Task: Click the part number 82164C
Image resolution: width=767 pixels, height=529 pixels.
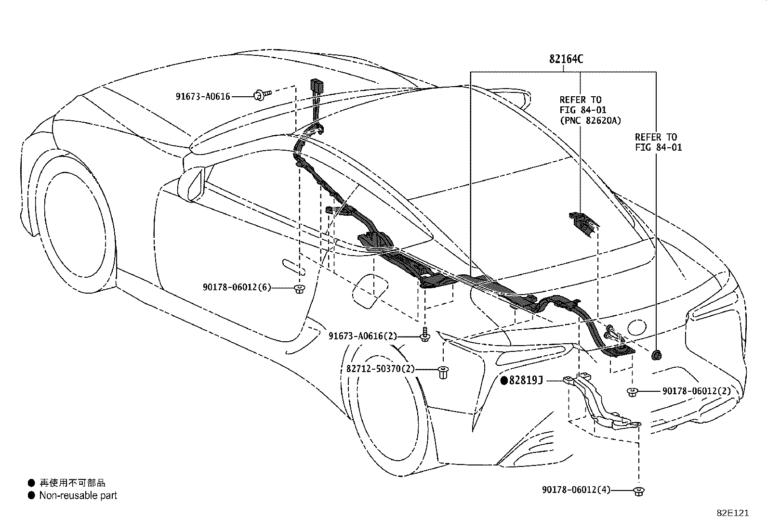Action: [x=566, y=59]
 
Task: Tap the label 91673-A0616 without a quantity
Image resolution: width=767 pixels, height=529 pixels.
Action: [x=202, y=97]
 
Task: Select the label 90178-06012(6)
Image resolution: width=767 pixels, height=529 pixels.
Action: [x=237, y=287]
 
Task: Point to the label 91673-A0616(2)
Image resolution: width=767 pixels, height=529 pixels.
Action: [x=363, y=336]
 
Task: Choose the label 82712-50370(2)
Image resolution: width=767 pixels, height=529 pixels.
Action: [x=380, y=369]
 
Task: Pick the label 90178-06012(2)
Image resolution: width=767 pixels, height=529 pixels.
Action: [x=696, y=391]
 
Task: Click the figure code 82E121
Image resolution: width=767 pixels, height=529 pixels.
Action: [x=732, y=513]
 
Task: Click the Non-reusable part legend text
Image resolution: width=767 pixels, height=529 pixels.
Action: [x=78, y=495]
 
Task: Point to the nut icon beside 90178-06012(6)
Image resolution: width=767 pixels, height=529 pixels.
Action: [x=299, y=289]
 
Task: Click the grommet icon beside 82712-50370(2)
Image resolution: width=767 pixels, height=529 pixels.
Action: [x=443, y=372]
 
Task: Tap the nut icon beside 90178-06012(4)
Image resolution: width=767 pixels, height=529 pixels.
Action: [x=639, y=491]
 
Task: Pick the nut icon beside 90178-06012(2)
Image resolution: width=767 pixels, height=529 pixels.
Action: [x=632, y=392]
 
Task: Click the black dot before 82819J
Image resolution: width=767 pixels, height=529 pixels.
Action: [x=504, y=381]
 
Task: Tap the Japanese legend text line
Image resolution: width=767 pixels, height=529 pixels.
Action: [x=72, y=483]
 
